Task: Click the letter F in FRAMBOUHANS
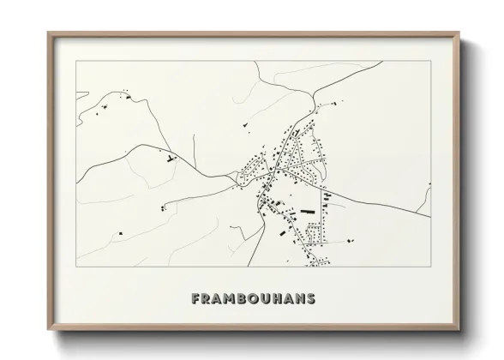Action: click(x=196, y=299)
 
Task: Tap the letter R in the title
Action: click(x=208, y=299)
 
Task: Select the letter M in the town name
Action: click(x=234, y=299)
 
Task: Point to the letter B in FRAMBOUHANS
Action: click(x=248, y=299)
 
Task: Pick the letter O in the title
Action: click(x=260, y=299)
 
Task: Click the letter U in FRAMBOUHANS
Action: click(x=273, y=299)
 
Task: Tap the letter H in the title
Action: click(x=285, y=299)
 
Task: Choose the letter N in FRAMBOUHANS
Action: click(x=310, y=299)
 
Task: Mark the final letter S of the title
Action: click(x=322, y=299)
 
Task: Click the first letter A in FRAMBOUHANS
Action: click(x=221, y=299)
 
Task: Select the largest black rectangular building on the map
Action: click(x=306, y=210)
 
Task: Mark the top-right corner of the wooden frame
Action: click(x=458, y=33)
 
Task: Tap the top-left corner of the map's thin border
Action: click(x=76, y=61)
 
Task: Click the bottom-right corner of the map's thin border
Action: click(x=430, y=267)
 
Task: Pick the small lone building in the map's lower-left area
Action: click(x=122, y=233)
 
